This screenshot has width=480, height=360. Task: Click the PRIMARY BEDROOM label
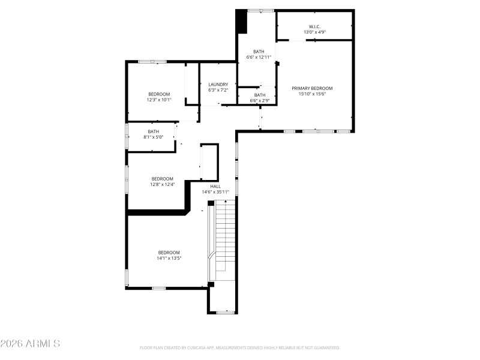(x=312, y=88)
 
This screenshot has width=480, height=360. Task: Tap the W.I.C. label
(x=315, y=26)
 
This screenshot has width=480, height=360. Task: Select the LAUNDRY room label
(x=218, y=85)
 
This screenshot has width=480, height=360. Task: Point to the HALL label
(x=215, y=187)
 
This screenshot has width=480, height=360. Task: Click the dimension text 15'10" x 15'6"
(x=312, y=94)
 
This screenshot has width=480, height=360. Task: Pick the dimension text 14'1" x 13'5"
(x=169, y=259)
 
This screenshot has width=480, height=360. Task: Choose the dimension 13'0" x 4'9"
(x=315, y=32)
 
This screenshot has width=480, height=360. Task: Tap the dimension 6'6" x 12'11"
(x=259, y=58)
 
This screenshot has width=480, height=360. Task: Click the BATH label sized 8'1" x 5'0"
(x=154, y=131)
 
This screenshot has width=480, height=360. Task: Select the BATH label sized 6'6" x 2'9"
(x=260, y=95)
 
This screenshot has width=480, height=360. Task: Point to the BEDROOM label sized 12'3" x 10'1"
(x=159, y=94)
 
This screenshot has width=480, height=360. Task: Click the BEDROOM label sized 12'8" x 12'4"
(x=162, y=179)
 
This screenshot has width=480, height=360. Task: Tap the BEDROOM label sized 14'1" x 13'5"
(x=169, y=253)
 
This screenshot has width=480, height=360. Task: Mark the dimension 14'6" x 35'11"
(x=215, y=193)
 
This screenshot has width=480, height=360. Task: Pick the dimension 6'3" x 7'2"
(x=218, y=91)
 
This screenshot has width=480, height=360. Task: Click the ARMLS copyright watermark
(x=30, y=344)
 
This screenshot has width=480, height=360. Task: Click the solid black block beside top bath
(x=241, y=22)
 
